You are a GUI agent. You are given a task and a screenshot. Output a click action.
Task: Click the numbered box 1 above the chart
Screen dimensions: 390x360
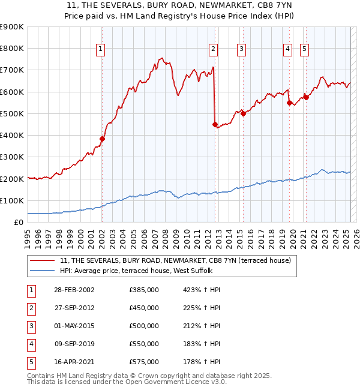click(x=101, y=49)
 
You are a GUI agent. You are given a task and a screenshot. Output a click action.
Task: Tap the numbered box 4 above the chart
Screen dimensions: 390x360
click(x=288, y=49)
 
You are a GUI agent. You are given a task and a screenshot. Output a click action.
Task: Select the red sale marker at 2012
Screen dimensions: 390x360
click(x=215, y=124)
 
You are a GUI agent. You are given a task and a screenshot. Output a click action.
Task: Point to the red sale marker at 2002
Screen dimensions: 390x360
click(x=102, y=139)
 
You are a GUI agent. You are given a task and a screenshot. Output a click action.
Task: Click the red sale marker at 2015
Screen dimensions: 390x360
click(x=244, y=113)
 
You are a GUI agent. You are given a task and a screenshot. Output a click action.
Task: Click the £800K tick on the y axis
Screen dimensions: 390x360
click(x=13, y=49)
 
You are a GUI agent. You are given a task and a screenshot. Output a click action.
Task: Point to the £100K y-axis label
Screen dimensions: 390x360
click(x=13, y=200)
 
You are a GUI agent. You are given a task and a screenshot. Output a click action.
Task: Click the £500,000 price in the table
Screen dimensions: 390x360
click(x=144, y=326)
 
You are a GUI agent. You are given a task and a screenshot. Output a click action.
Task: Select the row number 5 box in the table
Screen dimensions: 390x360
click(x=30, y=362)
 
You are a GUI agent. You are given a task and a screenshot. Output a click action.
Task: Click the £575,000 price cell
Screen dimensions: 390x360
click(x=144, y=362)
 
